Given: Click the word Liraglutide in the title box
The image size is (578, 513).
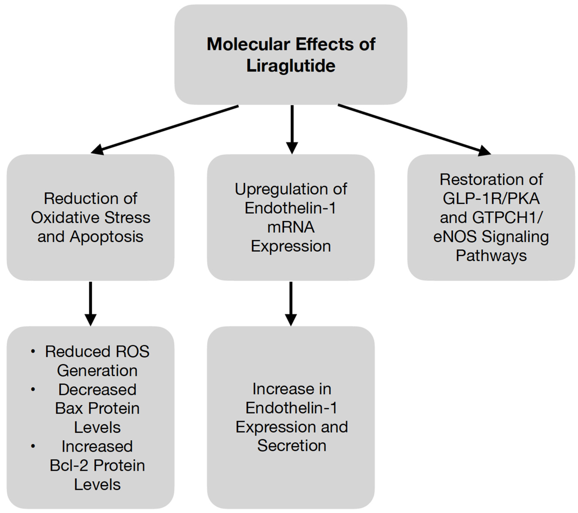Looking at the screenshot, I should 291,66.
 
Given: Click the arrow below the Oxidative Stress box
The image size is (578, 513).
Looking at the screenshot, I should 91,303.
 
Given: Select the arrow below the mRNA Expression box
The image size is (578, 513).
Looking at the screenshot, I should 291,303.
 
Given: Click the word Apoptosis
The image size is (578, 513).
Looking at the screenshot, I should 107,237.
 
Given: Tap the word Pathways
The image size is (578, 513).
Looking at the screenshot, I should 491,255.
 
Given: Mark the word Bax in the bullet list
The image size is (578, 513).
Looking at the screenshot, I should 69,408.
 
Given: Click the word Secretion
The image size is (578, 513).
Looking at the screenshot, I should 292,446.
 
